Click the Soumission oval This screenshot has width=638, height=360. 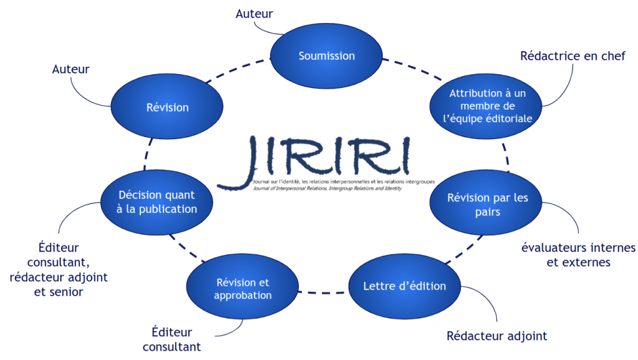326,56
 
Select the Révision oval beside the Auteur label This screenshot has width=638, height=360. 167,107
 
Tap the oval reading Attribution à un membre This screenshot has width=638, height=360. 488,105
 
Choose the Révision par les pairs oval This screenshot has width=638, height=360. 487,205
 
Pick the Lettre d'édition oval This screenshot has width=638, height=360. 405,286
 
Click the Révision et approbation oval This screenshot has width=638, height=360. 243,289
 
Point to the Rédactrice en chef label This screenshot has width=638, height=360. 573,56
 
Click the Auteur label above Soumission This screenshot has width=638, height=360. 254,14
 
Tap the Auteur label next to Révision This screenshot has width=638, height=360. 70,69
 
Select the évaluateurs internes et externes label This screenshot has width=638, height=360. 578,255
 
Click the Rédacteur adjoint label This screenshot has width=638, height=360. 496,336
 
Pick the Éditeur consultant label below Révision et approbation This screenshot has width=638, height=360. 172,339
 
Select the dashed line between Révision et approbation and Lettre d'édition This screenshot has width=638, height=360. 323,291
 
